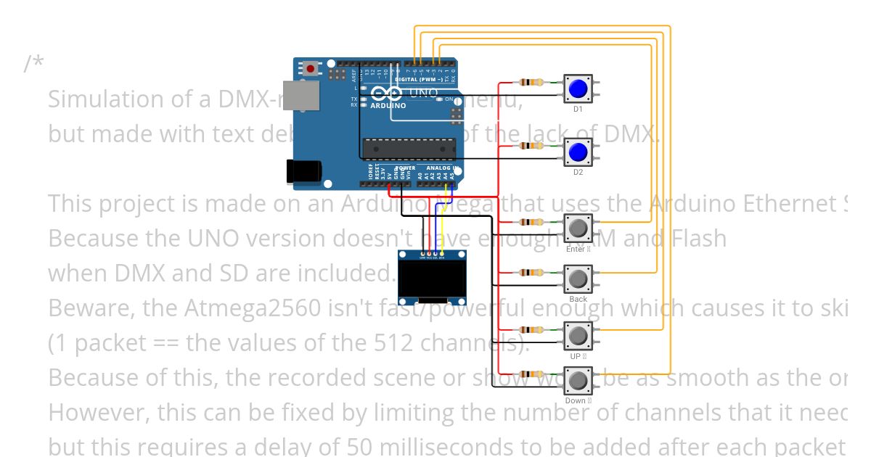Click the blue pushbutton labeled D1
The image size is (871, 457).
[578, 88]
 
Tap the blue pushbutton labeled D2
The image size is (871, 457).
[578, 152]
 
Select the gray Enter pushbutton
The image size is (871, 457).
[578, 228]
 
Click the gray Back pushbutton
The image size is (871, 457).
[578, 279]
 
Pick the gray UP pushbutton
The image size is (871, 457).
[578, 336]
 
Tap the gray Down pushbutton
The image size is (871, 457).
[578, 381]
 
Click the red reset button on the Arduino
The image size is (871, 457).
[311, 69]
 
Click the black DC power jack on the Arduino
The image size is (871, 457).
[301, 171]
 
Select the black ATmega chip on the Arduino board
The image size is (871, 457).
[409, 149]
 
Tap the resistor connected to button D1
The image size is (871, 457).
[531, 83]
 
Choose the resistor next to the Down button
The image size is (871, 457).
[531, 374]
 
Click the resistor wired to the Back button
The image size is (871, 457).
[531, 273]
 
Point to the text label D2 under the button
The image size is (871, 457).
[578, 173]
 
